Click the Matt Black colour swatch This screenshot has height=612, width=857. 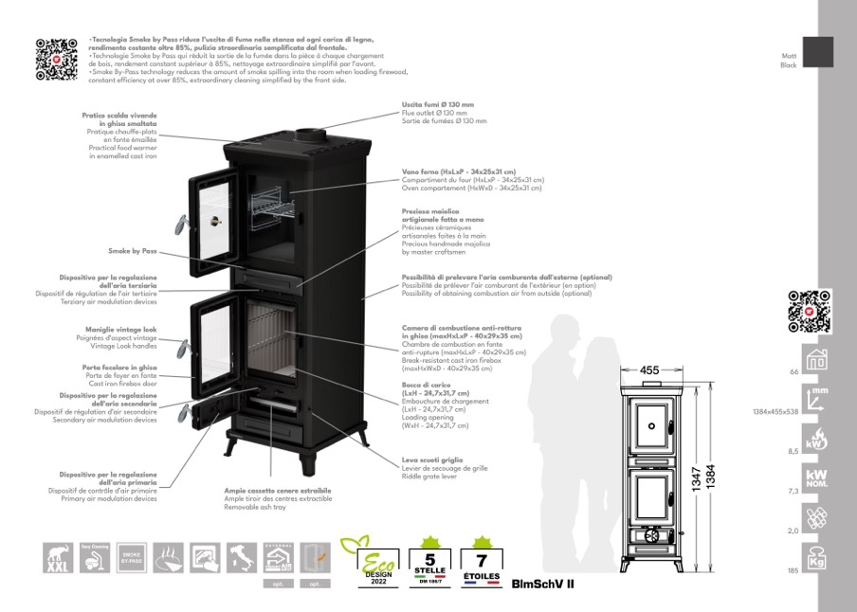(817, 52)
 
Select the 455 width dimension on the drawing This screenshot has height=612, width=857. (649, 370)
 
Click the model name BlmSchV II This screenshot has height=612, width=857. (542, 584)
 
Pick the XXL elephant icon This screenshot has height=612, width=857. (59, 557)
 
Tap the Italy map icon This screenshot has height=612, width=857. (241, 557)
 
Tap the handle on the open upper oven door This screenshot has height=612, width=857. (179, 223)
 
